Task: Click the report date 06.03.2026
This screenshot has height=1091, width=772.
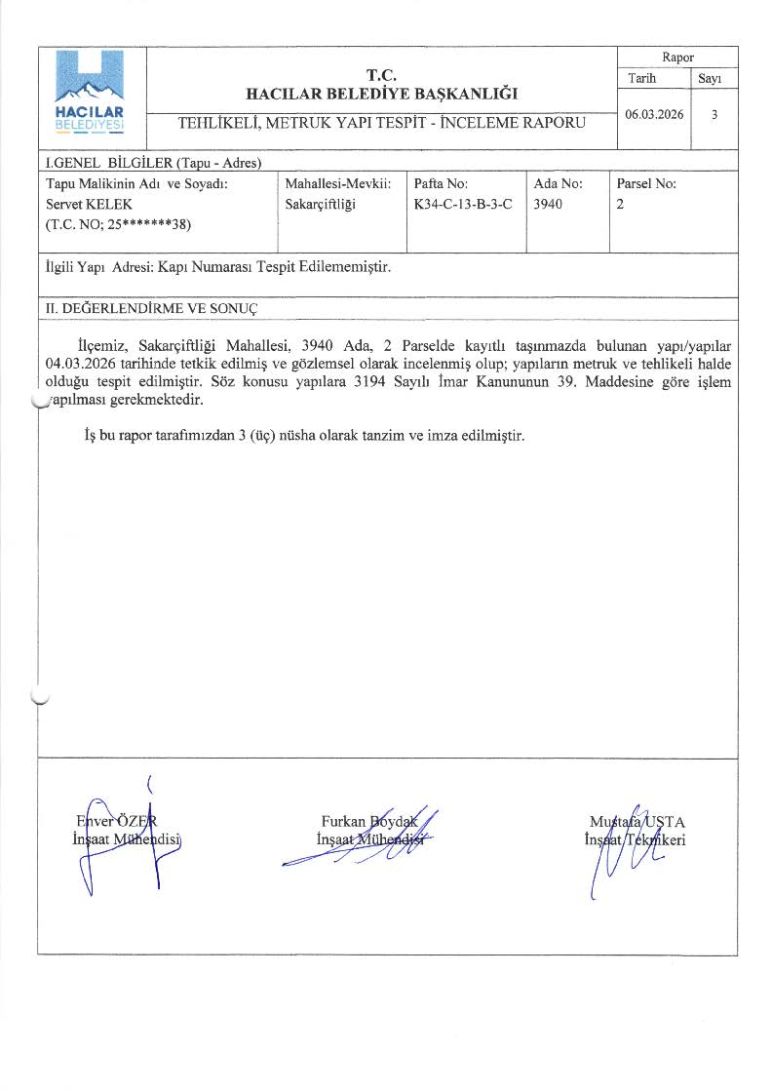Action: (654, 114)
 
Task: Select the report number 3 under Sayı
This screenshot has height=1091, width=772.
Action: (715, 114)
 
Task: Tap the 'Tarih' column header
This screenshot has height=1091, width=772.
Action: (642, 78)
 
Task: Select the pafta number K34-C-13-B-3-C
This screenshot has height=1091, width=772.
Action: (463, 204)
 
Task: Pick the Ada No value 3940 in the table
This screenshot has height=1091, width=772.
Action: (549, 204)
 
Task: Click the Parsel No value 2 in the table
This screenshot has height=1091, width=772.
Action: (620, 204)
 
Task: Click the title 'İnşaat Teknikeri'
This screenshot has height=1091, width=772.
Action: (635, 840)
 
